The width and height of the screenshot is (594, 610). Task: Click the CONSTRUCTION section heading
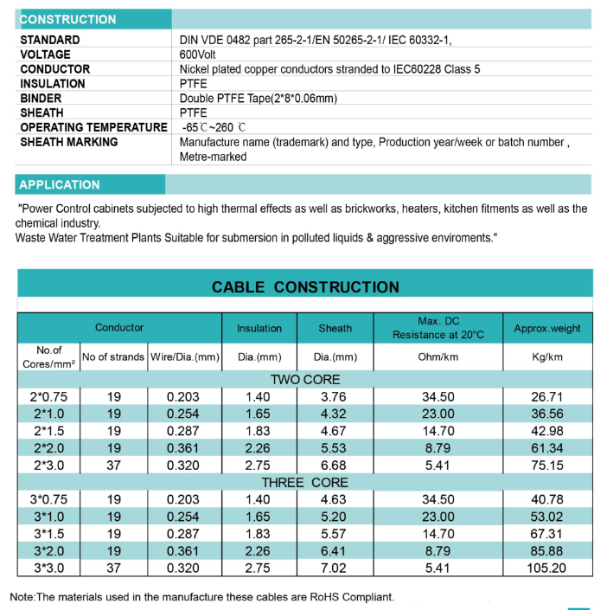(x=68, y=19)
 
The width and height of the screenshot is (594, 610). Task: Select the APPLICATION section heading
(x=60, y=184)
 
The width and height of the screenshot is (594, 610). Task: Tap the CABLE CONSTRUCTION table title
(x=305, y=287)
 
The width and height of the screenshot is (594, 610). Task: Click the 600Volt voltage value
(x=197, y=55)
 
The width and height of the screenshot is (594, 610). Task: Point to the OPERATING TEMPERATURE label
(x=93, y=127)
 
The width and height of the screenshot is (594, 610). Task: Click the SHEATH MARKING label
(x=68, y=142)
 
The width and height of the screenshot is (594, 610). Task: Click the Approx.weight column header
(x=547, y=329)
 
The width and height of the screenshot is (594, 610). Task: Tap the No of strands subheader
(x=112, y=356)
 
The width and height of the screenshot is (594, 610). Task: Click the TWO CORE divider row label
(x=305, y=380)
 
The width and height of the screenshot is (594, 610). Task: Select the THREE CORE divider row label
(x=305, y=482)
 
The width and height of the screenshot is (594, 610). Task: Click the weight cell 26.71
(x=547, y=397)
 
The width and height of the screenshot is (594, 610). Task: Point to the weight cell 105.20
(x=547, y=568)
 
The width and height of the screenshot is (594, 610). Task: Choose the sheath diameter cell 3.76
(x=335, y=397)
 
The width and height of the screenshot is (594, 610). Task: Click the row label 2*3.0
(x=48, y=466)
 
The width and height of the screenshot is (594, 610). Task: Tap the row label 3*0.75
(x=48, y=499)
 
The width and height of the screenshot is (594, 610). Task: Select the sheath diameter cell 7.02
(x=335, y=568)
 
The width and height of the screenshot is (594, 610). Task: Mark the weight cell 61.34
(x=547, y=448)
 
